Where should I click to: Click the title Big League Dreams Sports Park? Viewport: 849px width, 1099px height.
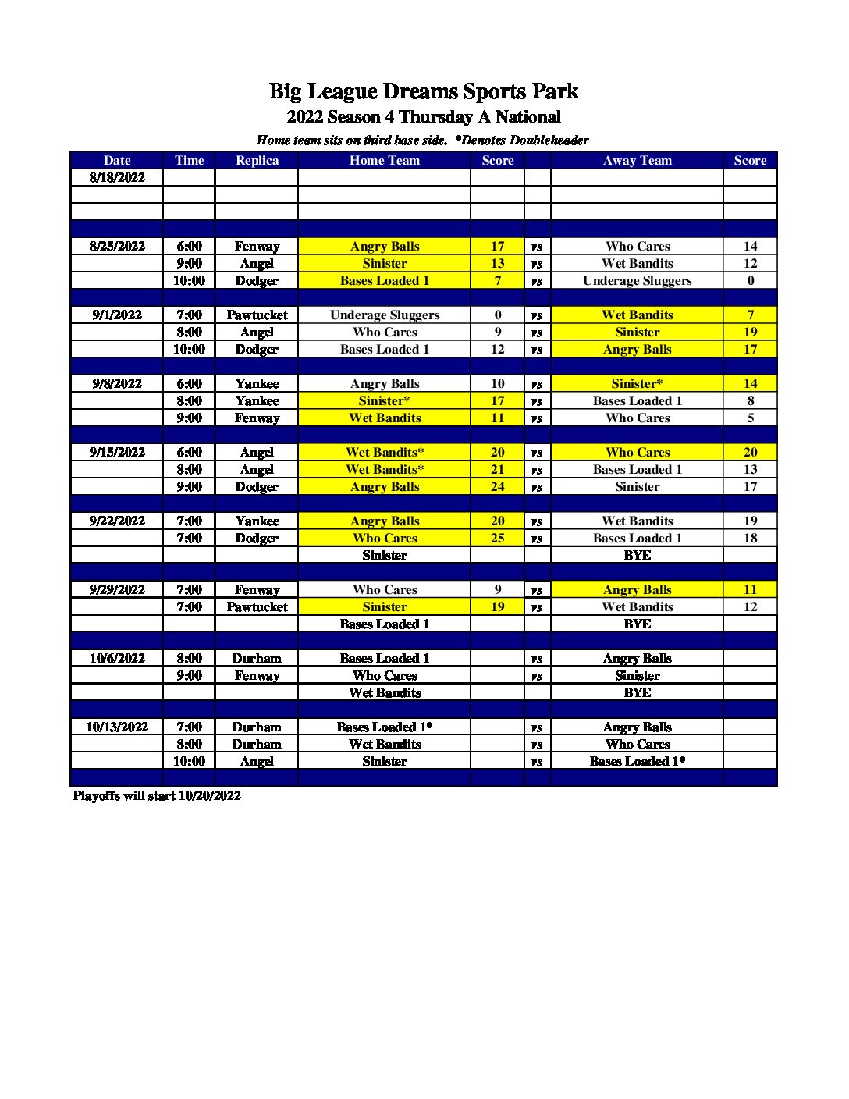pyautogui.click(x=424, y=91)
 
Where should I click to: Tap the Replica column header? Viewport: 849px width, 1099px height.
pyautogui.click(x=257, y=161)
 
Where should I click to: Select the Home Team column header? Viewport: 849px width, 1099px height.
pyautogui.click(x=385, y=161)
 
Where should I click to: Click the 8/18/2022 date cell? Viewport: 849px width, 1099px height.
pyautogui.click(x=117, y=178)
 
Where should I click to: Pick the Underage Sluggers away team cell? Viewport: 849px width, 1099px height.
pyautogui.click(x=637, y=281)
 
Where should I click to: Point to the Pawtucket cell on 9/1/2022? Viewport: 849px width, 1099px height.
pyautogui.click(x=257, y=315)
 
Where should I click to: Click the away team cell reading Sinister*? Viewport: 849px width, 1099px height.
pyautogui.click(x=637, y=384)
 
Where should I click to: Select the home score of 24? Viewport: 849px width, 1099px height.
pyautogui.click(x=498, y=487)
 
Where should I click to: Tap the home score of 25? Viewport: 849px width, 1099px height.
pyautogui.click(x=498, y=539)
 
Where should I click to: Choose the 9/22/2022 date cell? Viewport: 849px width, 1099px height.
pyautogui.click(x=117, y=521)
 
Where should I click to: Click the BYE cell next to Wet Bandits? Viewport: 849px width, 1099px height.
pyautogui.click(x=637, y=693)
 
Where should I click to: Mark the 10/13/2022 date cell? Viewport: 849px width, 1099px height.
pyautogui.click(x=117, y=727)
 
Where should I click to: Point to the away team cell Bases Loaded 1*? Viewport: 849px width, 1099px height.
pyautogui.click(x=637, y=762)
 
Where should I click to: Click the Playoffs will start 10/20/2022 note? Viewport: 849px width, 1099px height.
pyautogui.click(x=157, y=796)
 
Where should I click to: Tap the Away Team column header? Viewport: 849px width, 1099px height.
pyautogui.click(x=637, y=161)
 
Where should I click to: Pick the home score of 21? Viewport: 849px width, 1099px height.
pyautogui.click(x=498, y=470)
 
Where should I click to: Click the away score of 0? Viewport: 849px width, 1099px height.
pyautogui.click(x=750, y=281)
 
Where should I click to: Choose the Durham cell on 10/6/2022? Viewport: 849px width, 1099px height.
pyautogui.click(x=257, y=659)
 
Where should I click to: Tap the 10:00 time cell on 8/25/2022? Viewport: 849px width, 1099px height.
pyautogui.click(x=189, y=281)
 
